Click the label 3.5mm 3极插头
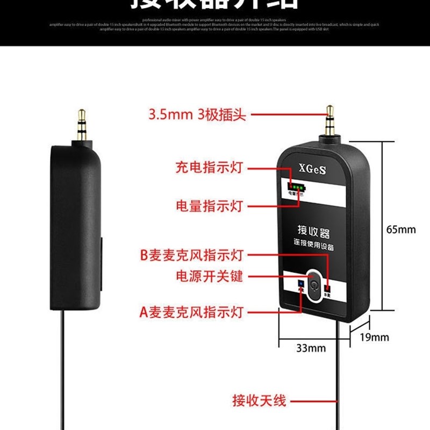point(197,114)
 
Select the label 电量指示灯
point(209,206)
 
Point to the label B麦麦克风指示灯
point(192,255)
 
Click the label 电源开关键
point(210,276)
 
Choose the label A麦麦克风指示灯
point(192,312)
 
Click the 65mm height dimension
point(401,229)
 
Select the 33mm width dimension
point(311,348)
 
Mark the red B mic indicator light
point(327,288)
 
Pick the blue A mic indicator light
point(301,284)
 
